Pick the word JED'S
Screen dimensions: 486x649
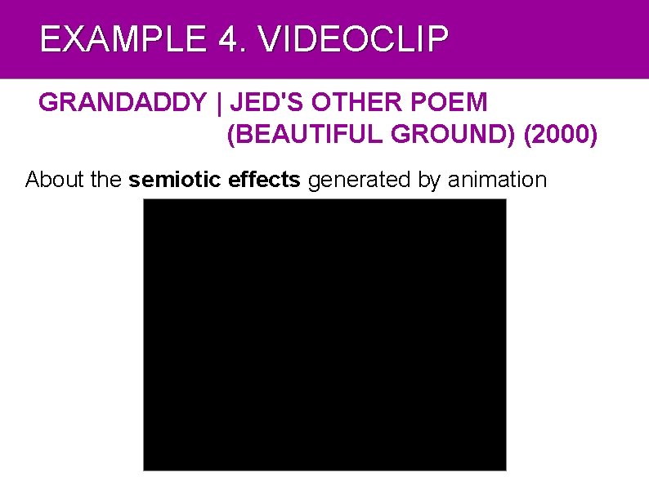click(x=257, y=103)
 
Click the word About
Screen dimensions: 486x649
click(x=56, y=180)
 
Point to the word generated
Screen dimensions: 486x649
click(x=360, y=180)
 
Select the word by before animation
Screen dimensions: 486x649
click(x=428, y=180)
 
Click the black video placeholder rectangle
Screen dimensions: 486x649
click(x=324, y=335)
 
